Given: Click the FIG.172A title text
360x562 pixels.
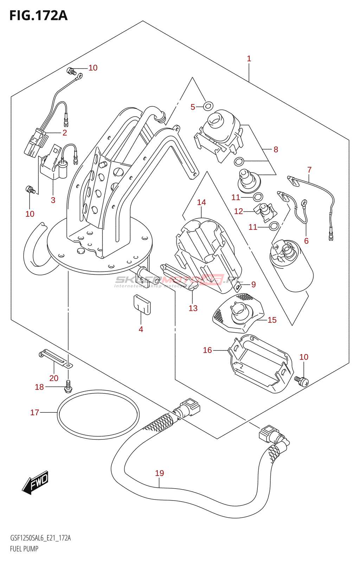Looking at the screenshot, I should [x=38, y=15].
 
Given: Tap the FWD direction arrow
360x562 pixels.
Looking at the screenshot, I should [x=35, y=482].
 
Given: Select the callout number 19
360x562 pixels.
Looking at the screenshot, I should [x=160, y=473].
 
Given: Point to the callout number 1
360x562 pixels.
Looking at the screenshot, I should [x=249, y=59].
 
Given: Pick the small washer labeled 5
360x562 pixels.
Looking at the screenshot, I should [x=208, y=105].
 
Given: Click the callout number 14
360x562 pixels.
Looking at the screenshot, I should [x=201, y=202].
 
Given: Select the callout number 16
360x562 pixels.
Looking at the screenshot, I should [x=207, y=350].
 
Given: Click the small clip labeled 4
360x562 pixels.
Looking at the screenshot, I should [x=142, y=305].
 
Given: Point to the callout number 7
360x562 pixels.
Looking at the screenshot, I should [x=309, y=170].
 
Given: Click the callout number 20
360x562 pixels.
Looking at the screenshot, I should [x=54, y=378].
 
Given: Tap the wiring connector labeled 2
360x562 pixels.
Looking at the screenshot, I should [x=36, y=142].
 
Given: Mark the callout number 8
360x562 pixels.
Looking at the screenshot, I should [x=276, y=150].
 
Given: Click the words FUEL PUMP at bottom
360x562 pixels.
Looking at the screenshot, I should [x=24, y=549].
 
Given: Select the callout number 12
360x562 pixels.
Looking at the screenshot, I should [x=238, y=211].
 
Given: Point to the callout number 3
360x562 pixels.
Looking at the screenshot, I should [x=53, y=200].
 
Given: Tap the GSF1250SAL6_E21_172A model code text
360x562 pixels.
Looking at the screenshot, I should [x=40, y=538].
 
